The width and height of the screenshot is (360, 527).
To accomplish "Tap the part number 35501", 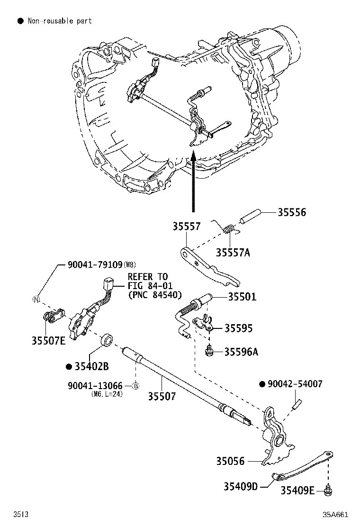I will [242, 297].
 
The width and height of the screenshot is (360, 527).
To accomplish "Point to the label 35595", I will [238, 328].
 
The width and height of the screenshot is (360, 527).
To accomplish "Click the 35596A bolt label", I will [241, 352].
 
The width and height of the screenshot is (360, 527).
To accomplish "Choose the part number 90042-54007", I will [294, 384].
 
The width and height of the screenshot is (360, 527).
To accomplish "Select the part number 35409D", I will [240, 486].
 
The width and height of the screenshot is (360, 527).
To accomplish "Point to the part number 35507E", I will [49, 340].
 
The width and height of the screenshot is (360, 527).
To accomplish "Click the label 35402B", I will [91, 366].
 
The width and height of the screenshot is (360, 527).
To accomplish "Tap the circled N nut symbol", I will [35, 299].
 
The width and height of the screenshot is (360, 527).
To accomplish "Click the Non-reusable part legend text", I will [59, 21].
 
